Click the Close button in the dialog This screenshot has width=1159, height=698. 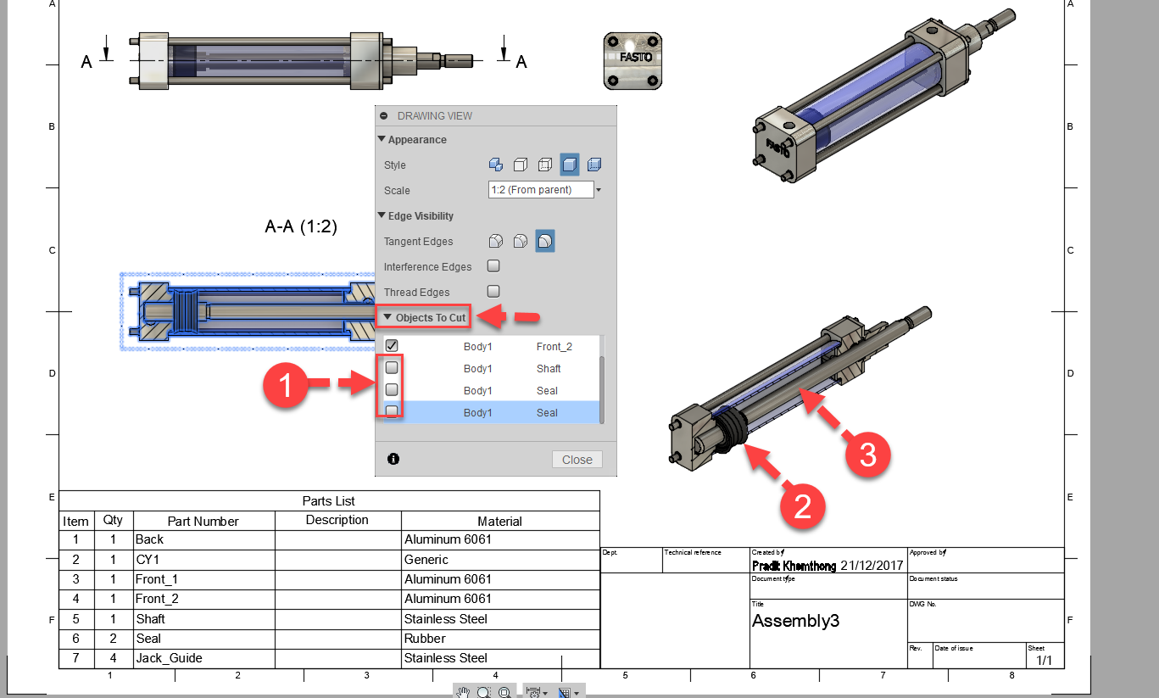click(x=577, y=460)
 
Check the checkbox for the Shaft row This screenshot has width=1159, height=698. click(x=392, y=368)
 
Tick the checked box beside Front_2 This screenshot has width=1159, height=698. click(x=392, y=345)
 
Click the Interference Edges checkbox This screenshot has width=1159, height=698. click(x=493, y=266)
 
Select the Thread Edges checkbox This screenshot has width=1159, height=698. click(x=493, y=292)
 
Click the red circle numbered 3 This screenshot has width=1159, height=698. click(x=867, y=455)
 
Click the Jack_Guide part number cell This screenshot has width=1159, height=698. click(x=169, y=658)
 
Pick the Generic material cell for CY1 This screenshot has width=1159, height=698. click(x=426, y=560)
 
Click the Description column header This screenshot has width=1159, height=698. click(x=337, y=520)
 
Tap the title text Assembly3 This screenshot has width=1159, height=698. click(x=795, y=621)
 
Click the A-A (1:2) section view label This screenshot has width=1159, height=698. click(x=301, y=227)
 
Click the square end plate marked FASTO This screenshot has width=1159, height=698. click(x=632, y=60)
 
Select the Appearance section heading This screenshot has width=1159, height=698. click(x=416, y=139)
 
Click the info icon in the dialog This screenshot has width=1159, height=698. click(x=393, y=459)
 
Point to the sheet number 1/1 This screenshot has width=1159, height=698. click(x=1043, y=659)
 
